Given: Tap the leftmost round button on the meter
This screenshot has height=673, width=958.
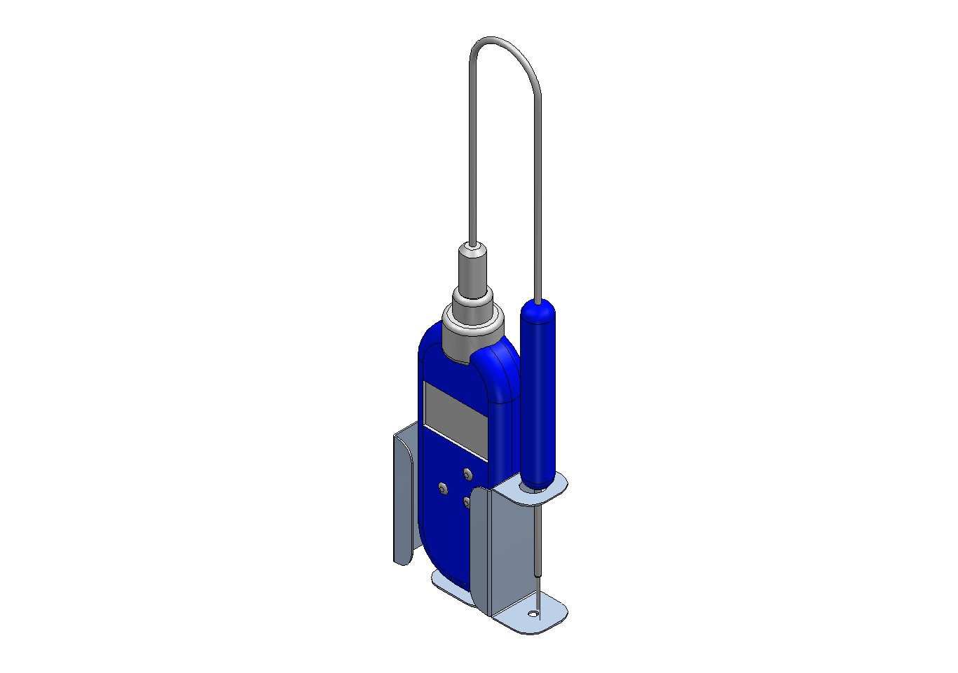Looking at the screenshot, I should coord(443,487).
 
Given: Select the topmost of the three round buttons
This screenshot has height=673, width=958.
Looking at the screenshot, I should coord(467,474).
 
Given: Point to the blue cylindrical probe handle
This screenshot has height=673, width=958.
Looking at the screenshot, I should coord(538,392).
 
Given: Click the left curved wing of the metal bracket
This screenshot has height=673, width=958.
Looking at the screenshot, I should coord(403,497).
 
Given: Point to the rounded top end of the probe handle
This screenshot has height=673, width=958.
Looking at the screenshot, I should coord(538,306).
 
